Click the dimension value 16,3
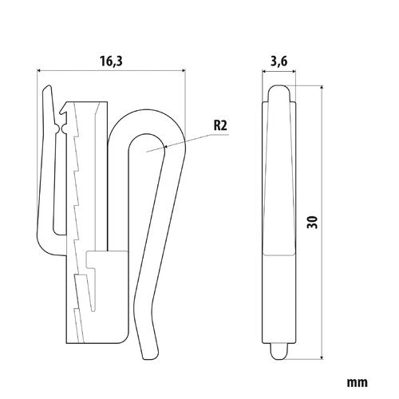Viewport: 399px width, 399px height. click(x=112, y=59)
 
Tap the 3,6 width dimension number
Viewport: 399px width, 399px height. click(x=280, y=59)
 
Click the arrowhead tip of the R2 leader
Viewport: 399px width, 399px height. click(x=163, y=148)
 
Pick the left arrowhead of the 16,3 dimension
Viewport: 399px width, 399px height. click(x=41, y=71)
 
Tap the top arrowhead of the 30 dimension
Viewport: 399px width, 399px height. click(x=320, y=89)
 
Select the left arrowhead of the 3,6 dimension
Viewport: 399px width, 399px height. click(x=264, y=71)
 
